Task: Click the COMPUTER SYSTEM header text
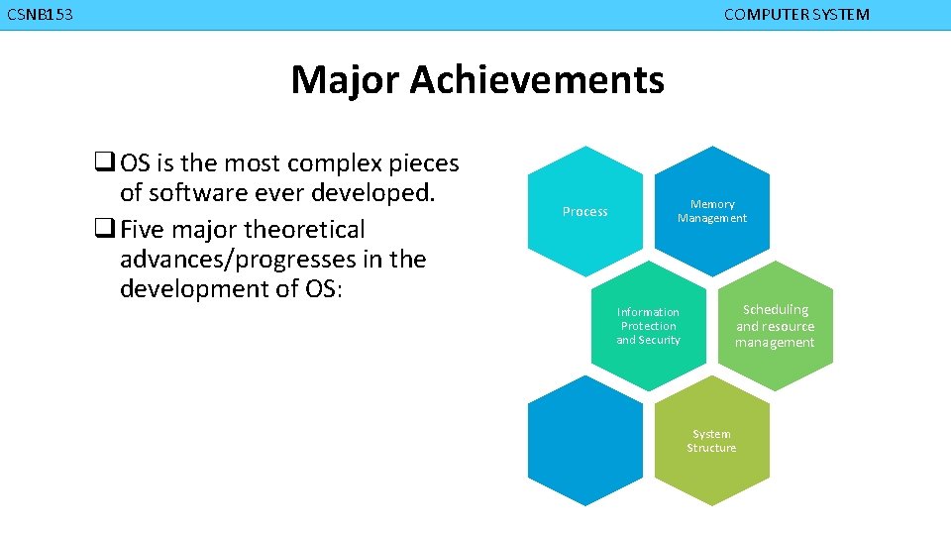[796, 15]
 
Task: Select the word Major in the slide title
[345, 80]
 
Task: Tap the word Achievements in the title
[536, 80]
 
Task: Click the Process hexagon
[584, 212]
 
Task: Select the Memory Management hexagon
[712, 211]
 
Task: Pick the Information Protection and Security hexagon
[649, 326]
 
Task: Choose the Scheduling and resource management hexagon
[775, 326]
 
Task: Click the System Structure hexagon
[711, 441]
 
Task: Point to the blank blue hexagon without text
[584, 441]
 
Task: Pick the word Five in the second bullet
[143, 230]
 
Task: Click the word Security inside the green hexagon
[659, 340]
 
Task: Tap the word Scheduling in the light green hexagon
[776, 310]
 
